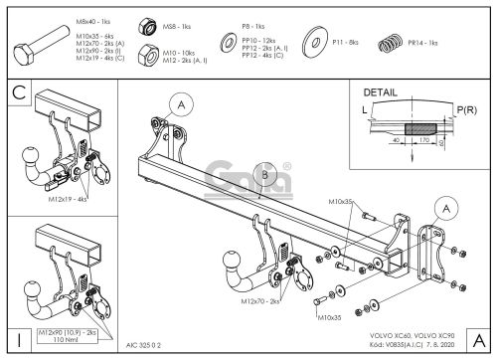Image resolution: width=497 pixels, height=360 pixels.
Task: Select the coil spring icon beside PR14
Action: point(390,44)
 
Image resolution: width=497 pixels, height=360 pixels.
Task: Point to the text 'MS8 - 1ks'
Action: point(176,21)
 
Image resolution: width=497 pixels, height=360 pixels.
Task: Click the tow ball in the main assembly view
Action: point(232,266)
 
